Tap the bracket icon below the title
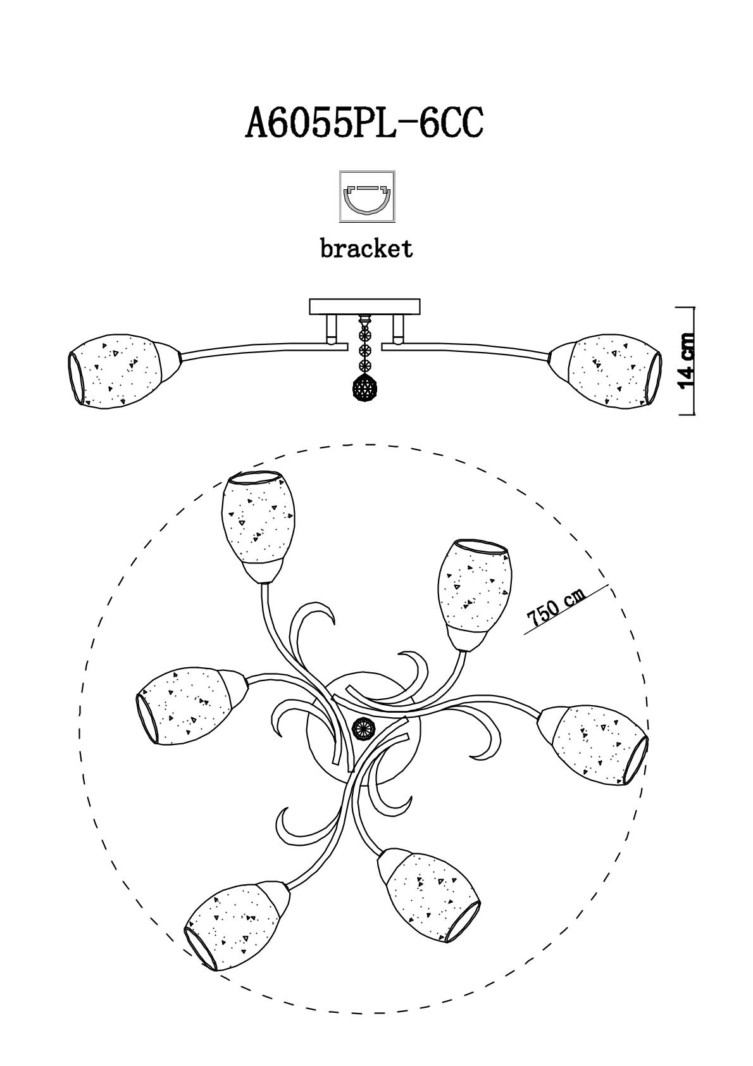pos(367,196)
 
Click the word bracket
pos(366,248)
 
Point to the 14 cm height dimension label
pos(687,361)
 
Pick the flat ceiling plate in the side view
pos(365,307)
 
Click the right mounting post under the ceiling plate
pos(398,329)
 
